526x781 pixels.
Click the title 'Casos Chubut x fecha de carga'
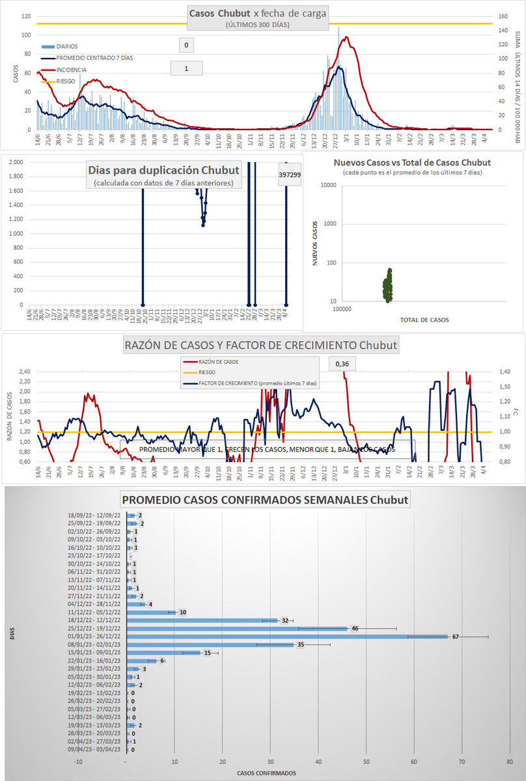258,13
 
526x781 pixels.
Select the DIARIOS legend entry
67,46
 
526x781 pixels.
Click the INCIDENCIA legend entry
70,70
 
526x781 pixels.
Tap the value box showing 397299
290,174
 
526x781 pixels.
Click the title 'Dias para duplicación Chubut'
163,171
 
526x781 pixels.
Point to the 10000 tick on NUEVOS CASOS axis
327,185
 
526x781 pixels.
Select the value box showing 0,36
342,364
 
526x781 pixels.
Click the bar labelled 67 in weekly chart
286,637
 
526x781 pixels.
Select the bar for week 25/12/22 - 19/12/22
237,629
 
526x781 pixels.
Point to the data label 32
284,620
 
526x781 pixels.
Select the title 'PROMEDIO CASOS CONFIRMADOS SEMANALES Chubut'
265,500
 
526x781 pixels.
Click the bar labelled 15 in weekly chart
163,653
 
